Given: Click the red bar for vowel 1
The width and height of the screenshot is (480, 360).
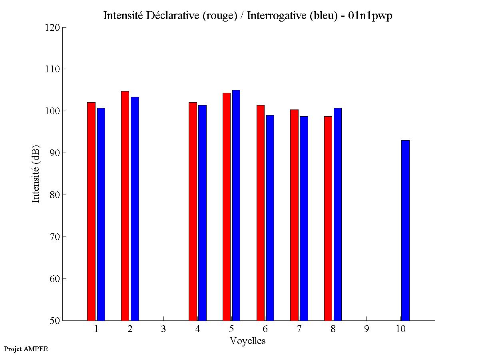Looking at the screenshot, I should [x=91, y=211].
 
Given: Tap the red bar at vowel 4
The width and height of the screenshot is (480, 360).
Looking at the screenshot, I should [x=193, y=211].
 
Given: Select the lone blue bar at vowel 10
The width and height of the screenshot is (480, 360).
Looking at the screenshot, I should [x=405, y=230].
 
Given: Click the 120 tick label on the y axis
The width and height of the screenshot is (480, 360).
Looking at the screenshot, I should [x=53, y=28].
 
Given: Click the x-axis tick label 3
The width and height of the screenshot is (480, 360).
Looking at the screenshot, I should [x=163, y=329].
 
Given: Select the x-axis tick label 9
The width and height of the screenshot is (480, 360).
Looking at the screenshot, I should [x=366, y=329].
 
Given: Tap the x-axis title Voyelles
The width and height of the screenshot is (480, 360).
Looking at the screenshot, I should [x=248, y=341].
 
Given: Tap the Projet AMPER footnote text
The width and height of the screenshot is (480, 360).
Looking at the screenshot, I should [x=26, y=349].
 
